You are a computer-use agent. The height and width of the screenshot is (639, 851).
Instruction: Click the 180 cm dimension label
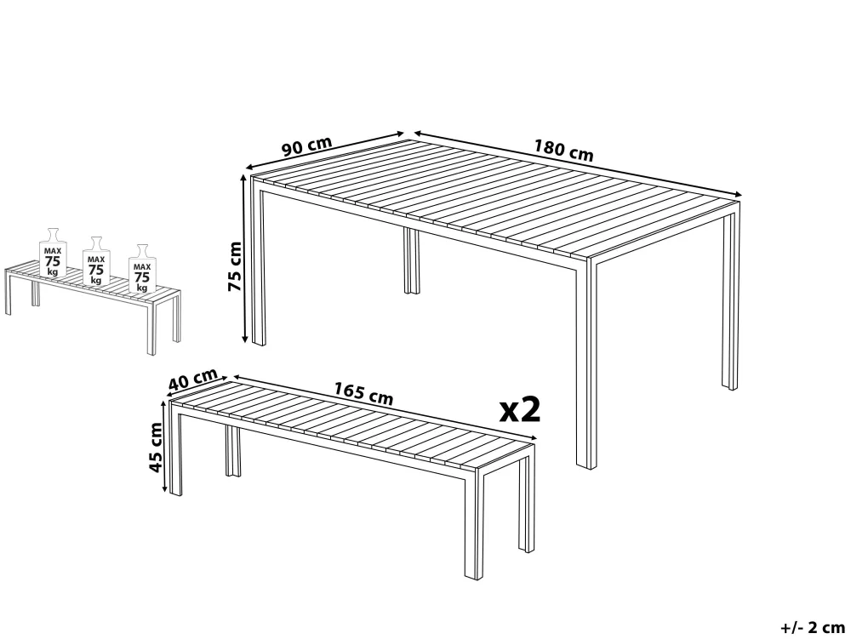[564, 151]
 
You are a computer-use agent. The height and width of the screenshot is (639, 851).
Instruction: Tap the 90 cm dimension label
[306, 145]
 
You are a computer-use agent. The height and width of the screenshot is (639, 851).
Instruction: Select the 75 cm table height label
[235, 266]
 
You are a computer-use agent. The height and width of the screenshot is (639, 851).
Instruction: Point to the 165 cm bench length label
[363, 393]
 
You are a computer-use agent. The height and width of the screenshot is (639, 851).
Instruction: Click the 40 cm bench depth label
[192, 379]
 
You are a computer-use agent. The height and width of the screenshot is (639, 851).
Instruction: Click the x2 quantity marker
[520, 409]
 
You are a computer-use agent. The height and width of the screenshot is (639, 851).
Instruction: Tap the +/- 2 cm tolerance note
[813, 628]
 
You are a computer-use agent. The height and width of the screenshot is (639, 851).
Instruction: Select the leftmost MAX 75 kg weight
[53, 253]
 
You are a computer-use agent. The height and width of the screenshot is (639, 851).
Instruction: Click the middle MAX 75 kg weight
[96, 261]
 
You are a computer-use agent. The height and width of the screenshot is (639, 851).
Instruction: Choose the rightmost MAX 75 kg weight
[142, 269]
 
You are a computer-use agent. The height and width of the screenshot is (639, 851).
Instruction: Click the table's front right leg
[586, 364]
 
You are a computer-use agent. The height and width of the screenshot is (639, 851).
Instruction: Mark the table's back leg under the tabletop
[412, 260]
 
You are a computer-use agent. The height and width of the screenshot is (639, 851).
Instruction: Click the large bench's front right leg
[474, 522]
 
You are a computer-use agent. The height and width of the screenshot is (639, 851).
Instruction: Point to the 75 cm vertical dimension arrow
[244, 258]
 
